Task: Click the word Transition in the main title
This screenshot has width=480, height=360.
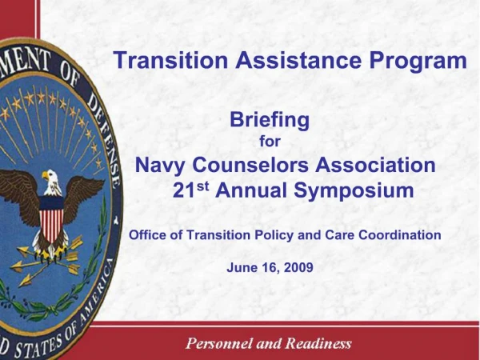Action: click(162, 61)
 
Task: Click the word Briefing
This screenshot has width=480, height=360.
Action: click(269, 120)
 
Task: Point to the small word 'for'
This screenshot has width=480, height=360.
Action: click(270, 142)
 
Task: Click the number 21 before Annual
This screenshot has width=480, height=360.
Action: click(184, 191)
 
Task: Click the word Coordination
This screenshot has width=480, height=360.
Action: click(398, 235)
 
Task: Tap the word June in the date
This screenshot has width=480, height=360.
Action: click(242, 267)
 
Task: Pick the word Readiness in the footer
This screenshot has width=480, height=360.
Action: click(316, 344)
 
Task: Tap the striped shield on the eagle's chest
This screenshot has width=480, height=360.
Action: click(52, 219)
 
